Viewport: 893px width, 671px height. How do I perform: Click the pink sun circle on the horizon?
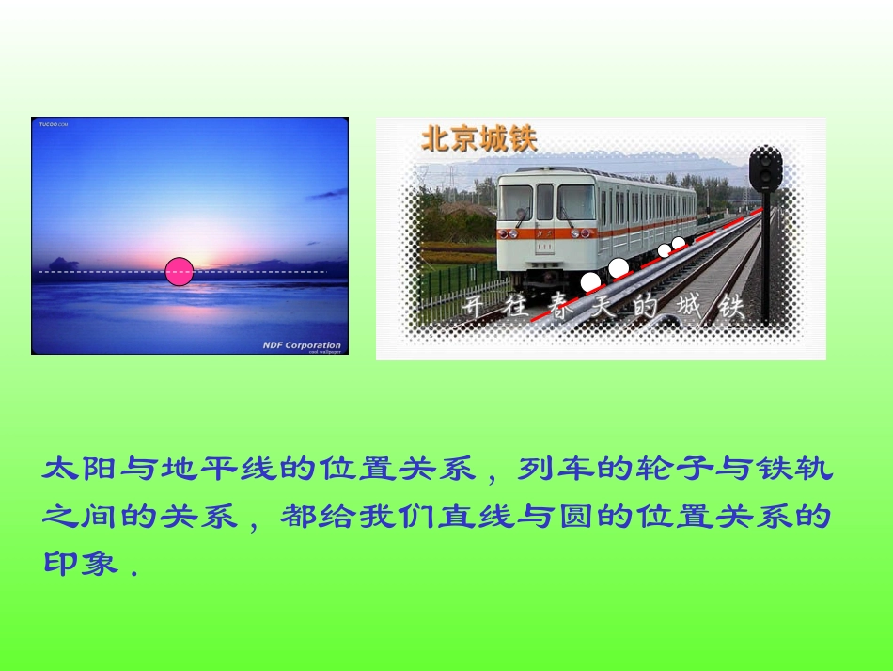coord(179,271)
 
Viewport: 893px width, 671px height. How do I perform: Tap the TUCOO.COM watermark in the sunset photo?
coord(54,123)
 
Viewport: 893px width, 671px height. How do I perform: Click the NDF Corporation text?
coord(301,345)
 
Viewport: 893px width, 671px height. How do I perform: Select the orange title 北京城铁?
coord(478,139)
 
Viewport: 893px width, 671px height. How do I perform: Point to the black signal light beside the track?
coord(765,168)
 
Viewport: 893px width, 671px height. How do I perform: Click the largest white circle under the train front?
coord(590,281)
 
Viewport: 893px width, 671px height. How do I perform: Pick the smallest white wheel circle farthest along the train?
coord(678,243)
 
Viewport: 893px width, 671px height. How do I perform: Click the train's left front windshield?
coord(514,202)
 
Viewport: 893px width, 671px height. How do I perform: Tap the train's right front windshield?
coord(575,201)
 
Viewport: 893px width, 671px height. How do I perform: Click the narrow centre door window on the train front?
coord(544,201)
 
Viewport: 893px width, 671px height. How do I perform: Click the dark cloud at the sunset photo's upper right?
coord(328,194)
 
